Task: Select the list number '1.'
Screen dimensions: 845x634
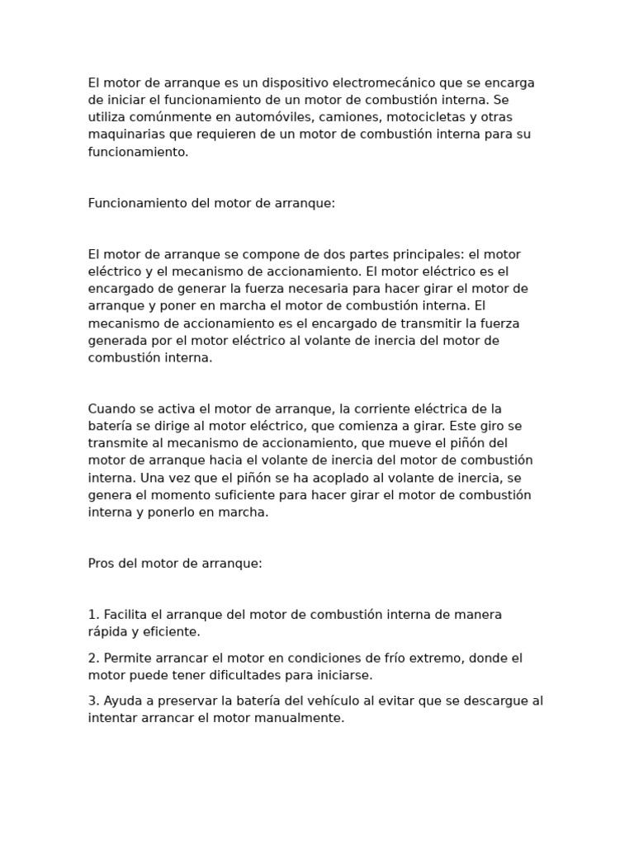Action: click(x=93, y=615)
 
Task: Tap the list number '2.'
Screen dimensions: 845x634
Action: click(x=93, y=658)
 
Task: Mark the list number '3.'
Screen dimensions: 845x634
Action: click(x=93, y=701)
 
